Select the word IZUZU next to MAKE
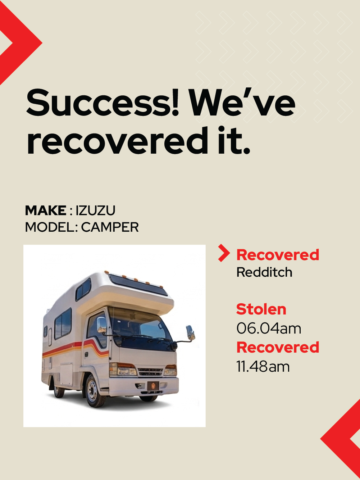(x=95, y=210)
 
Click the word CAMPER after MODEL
(x=110, y=227)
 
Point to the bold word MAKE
(x=46, y=210)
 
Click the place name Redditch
(x=264, y=272)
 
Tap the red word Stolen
(x=261, y=309)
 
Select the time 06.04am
(x=269, y=329)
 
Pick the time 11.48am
(x=263, y=367)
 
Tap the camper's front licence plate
(x=153, y=386)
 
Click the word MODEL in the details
(x=50, y=227)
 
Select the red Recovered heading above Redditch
(x=278, y=255)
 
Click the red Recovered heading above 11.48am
(x=278, y=348)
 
